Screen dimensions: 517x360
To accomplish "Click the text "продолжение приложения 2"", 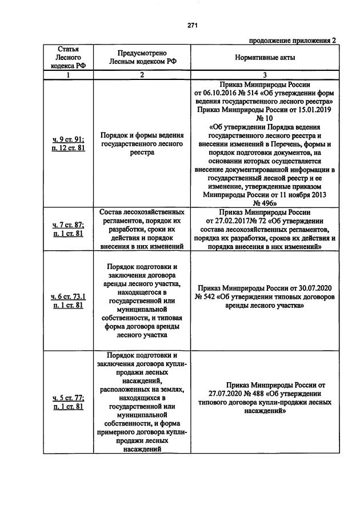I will point(292,40).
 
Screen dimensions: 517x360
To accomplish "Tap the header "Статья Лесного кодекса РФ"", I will point(68,58).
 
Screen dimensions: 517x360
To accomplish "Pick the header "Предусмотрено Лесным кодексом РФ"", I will point(142,58).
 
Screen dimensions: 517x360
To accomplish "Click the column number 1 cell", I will point(68,75).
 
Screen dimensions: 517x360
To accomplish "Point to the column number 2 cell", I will point(142,75).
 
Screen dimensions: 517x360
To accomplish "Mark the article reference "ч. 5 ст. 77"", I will point(67,397).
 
